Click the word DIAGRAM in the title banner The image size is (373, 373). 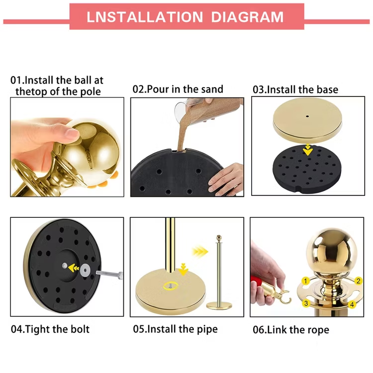247,17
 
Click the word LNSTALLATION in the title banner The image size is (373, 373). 145,17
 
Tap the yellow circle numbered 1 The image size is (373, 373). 306,281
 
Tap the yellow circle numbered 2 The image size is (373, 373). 358,281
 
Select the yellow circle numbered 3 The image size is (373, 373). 306,303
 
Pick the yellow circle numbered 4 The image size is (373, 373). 352,304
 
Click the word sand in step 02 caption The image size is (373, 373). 212,89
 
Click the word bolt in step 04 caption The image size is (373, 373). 80,329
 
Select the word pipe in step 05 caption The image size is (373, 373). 207,329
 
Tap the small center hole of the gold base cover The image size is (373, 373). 307,116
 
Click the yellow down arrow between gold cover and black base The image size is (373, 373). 308,150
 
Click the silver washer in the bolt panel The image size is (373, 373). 85,270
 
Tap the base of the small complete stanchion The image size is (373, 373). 219,305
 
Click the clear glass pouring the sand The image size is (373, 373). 183,110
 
